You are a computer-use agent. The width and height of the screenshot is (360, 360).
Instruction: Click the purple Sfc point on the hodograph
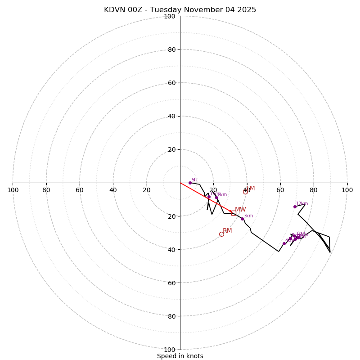(x=190, y=183)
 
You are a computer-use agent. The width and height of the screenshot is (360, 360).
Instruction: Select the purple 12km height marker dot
(x=295, y=207)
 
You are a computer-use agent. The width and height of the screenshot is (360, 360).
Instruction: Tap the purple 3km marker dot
(x=242, y=219)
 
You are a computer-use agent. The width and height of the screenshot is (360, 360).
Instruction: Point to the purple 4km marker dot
(x=284, y=243)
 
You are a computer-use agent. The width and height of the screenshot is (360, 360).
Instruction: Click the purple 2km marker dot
(x=216, y=198)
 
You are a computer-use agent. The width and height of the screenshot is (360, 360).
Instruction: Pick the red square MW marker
(x=234, y=213)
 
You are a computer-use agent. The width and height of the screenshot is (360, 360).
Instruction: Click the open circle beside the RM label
(x=221, y=234)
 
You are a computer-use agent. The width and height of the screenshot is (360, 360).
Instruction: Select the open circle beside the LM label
(x=245, y=192)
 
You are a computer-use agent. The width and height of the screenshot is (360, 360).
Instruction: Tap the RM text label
(x=227, y=231)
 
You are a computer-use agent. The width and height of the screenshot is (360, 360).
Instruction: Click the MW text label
(x=240, y=210)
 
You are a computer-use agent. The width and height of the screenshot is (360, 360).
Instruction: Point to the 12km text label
(x=302, y=203)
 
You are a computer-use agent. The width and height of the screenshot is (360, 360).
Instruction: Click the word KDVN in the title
(x=114, y=10)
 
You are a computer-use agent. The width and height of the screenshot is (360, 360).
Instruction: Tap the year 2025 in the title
(x=246, y=10)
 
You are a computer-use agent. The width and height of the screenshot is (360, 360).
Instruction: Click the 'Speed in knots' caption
(x=180, y=356)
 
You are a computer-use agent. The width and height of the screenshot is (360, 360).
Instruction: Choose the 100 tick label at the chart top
(x=170, y=16)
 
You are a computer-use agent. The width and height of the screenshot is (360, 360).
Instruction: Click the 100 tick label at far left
(x=13, y=190)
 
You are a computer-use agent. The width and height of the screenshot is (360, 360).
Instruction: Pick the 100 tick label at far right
(x=347, y=190)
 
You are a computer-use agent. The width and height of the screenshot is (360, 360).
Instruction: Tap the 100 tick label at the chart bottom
(x=170, y=350)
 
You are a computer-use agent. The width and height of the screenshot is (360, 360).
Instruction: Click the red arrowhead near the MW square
(x=230, y=211)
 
